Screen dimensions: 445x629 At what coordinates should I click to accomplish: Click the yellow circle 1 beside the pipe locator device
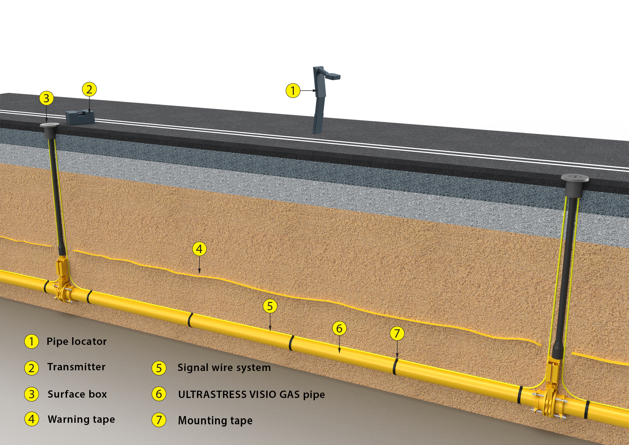click(x=293, y=91)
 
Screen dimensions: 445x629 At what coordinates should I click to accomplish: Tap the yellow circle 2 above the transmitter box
click(x=89, y=89)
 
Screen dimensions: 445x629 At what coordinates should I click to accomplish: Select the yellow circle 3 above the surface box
click(x=46, y=98)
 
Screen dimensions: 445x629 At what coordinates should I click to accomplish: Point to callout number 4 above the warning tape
click(x=199, y=249)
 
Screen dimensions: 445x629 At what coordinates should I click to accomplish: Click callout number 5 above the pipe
click(x=270, y=306)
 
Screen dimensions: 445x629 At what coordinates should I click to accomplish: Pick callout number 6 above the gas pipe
click(x=339, y=328)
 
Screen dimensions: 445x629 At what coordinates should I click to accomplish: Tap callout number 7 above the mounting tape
click(x=397, y=333)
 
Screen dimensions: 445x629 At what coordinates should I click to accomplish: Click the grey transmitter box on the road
click(x=80, y=117)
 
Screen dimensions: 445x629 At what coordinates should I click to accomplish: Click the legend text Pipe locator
click(x=77, y=341)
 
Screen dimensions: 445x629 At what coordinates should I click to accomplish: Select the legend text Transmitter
click(x=76, y=367)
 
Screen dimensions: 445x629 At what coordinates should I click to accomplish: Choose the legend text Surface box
click(x=77, y=394)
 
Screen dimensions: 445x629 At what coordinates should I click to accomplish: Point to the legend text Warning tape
click(x=81, y=419)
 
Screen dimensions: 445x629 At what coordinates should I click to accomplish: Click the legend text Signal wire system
click(x=224, y=368)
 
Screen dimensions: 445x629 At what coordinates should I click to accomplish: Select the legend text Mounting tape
click(x=215, y=421)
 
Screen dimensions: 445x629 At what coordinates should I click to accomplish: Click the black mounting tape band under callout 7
click(x=395, y=366)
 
